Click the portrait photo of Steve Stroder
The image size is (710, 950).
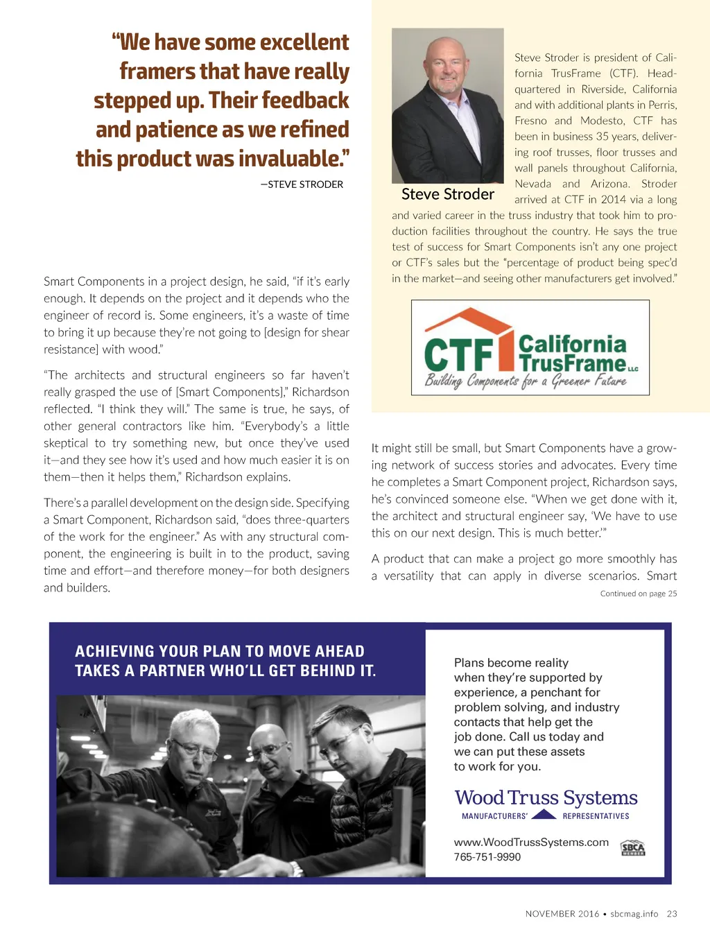(447, 105)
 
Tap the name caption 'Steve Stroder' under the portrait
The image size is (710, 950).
(448, 194)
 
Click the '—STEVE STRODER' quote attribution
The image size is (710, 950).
(302, 184)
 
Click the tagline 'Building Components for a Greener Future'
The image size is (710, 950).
(525, 381)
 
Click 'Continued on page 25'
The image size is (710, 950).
(638, 594)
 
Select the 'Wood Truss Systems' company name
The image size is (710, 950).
(546, 797)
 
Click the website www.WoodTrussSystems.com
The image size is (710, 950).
(531, 842)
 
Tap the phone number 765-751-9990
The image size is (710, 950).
(487, 857)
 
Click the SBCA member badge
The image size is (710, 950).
(632, 848)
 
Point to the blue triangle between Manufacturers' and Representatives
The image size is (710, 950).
(544, 815)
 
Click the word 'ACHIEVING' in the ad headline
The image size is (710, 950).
(114, 651)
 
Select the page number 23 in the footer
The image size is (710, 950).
(672, 914)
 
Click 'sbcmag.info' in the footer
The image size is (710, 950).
(634, 914)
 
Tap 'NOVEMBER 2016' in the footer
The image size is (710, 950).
(562, 914)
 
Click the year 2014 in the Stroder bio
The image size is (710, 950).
(613, 200)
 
